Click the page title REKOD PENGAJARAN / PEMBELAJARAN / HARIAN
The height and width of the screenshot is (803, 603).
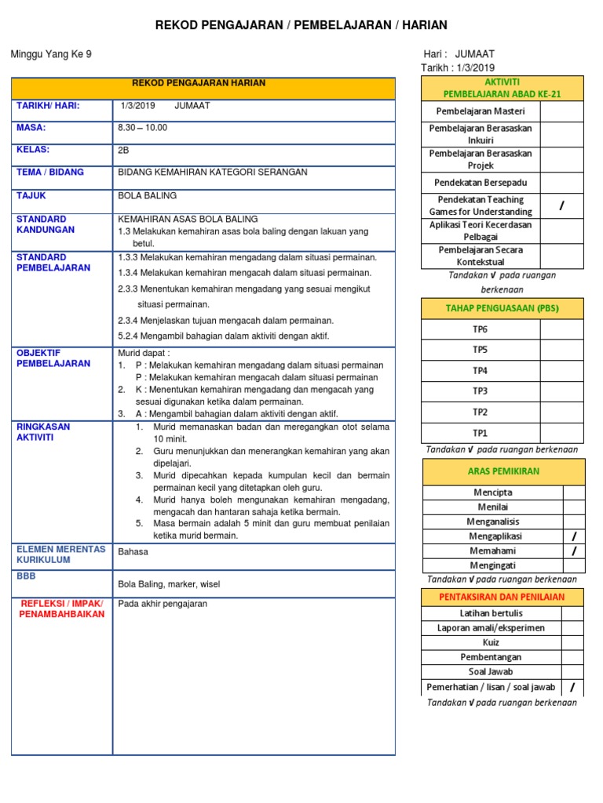click(301, 25)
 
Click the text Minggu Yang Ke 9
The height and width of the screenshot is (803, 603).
click(51, 54)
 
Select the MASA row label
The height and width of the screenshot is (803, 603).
click(31, 127)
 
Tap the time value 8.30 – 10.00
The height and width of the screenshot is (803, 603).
click(142, 127)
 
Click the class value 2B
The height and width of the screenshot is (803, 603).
click(123, 149)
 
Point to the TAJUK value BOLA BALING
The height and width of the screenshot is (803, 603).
click(147, 195)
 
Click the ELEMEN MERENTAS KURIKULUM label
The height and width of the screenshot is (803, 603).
click(60, 554)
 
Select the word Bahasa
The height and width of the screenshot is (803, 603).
click(133, 551)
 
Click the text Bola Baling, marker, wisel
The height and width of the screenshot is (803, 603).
click(169, 584)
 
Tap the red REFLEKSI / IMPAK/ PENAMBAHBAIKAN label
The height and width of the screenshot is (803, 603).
click(61, 609)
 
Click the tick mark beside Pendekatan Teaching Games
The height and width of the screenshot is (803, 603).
click(561, 205)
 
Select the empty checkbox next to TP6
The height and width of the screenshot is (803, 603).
click(561, 329)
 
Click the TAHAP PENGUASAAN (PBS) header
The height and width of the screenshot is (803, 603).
click(502, 308)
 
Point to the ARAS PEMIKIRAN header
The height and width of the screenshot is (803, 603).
click(503, 471)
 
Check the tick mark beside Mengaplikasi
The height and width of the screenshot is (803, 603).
click(574, 536)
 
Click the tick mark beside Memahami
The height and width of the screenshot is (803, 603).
click(574, 551)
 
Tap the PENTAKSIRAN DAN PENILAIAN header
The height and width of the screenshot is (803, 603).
click(502, 597)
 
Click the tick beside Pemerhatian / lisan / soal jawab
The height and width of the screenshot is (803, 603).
click(572, 687)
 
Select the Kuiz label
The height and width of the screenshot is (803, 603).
click(492, 642)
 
